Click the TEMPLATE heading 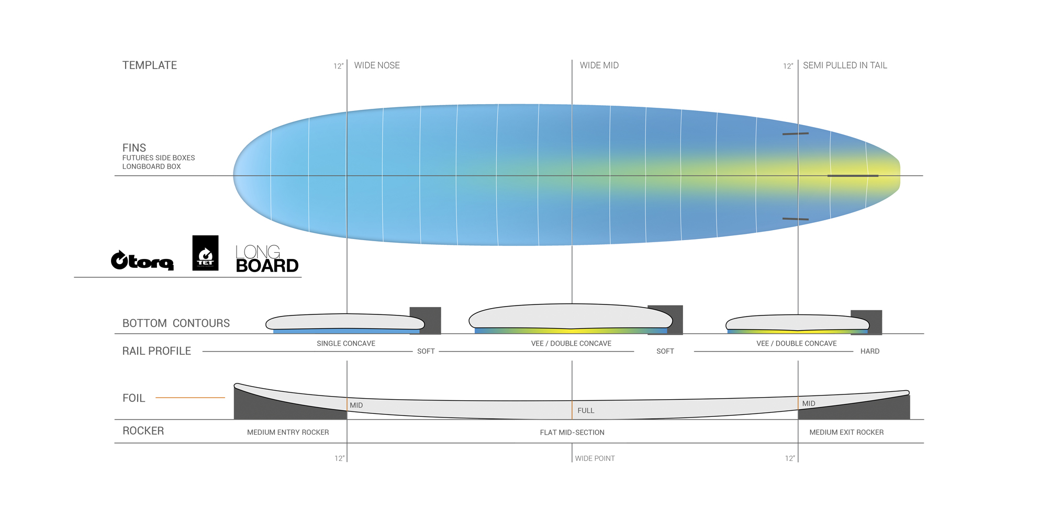(150, 65)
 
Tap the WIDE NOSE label (377, 65)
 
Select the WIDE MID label (599, 65)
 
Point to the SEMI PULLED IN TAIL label (845, 65)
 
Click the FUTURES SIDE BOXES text (159, 158)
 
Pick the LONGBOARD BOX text (152, 167)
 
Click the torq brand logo (142, 260)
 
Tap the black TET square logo (205, 253)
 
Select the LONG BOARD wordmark (267, 259)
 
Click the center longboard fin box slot (853, 176)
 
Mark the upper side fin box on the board (796, 134)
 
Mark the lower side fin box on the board (796, 219)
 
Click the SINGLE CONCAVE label (346, 344)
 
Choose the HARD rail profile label (870, 352)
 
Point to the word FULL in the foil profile (586, 411)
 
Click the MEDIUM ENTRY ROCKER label (288, 433)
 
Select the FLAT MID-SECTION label (572, 433)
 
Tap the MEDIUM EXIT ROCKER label (846, 433)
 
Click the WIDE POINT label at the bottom (595, 459)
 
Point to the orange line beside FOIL (190, 398)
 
